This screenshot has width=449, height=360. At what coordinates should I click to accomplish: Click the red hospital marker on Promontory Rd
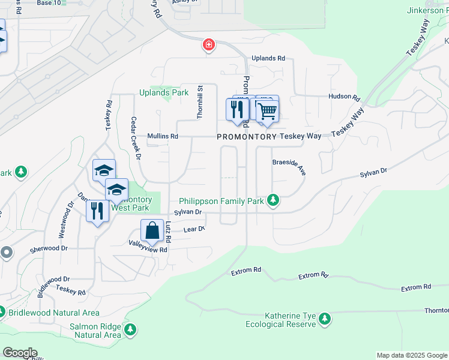pos(208,45)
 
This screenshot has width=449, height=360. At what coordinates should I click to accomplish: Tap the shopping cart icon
pos(267,110)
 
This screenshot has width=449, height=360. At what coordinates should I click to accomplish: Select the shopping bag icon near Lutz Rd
pos(152,230)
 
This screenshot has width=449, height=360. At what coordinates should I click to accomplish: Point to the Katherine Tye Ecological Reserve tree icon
pos(325,319)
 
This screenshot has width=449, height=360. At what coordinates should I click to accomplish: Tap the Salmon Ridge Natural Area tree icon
pos(130,329)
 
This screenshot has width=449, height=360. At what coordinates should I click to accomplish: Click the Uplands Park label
pos(164,92)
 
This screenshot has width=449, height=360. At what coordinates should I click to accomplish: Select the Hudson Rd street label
pos(343,97)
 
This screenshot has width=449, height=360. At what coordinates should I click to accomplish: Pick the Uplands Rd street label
pos(268,58)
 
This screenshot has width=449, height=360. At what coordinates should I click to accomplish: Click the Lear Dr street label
pos(194,229)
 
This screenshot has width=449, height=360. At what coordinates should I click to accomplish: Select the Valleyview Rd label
pos(148,246)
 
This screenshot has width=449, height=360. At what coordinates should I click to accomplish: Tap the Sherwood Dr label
pos(49,248)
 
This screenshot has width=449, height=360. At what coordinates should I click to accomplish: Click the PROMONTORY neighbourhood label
pos(247,137)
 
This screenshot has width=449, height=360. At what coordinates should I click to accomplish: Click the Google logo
pos(20,353)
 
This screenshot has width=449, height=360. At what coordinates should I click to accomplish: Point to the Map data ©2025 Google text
pos(411,355)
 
